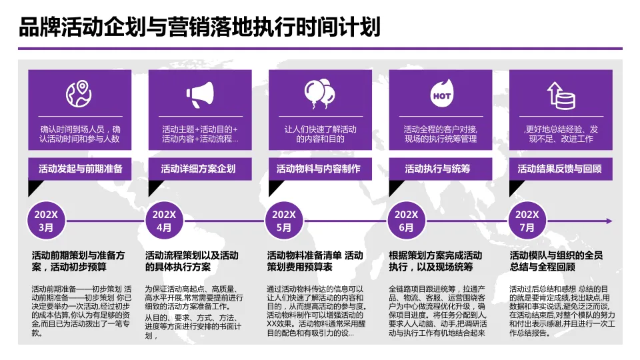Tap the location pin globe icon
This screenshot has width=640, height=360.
pos(79,95)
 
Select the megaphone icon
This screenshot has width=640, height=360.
pos(200,95)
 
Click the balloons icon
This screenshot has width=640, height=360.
pos(319,95)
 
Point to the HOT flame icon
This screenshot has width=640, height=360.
pos(441,95)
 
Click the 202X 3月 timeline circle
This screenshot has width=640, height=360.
pos(46,221)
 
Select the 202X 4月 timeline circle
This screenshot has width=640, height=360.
pos(164,221)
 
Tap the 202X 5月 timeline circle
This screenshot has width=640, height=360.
pos(284,221)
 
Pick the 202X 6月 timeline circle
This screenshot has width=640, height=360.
pos(406,221)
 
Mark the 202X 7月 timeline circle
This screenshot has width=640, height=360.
pos(527,221)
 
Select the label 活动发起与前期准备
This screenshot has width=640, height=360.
pos(80,169)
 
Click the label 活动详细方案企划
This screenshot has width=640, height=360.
pos(198,169)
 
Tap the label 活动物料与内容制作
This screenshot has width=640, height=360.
pos(319,169)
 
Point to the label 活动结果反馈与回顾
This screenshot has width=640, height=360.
pos(560,169)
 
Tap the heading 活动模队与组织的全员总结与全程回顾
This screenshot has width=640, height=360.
pos(556,261)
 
